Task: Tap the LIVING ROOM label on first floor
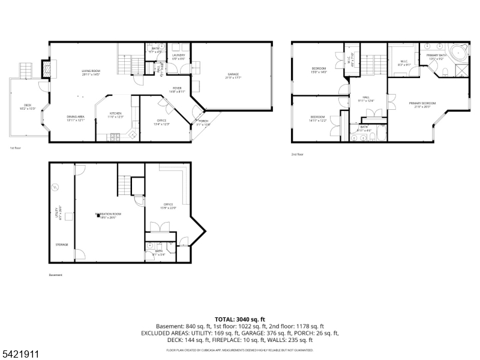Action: point(91,72)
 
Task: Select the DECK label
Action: point(28,106)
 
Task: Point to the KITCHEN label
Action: point(116,113)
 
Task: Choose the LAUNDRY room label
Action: point(179,56)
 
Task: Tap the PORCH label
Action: point(203,122)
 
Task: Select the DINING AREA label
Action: point(76,118)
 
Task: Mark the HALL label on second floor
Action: point(366,98)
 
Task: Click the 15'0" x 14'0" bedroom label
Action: point(319,70)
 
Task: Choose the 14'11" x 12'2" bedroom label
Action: point(318,118)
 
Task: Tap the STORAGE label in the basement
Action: point(62,245)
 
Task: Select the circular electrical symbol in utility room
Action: point(55,187)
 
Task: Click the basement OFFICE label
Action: point(168,206)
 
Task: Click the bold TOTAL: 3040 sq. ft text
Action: point(239,319)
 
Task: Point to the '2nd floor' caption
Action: point(298,154)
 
